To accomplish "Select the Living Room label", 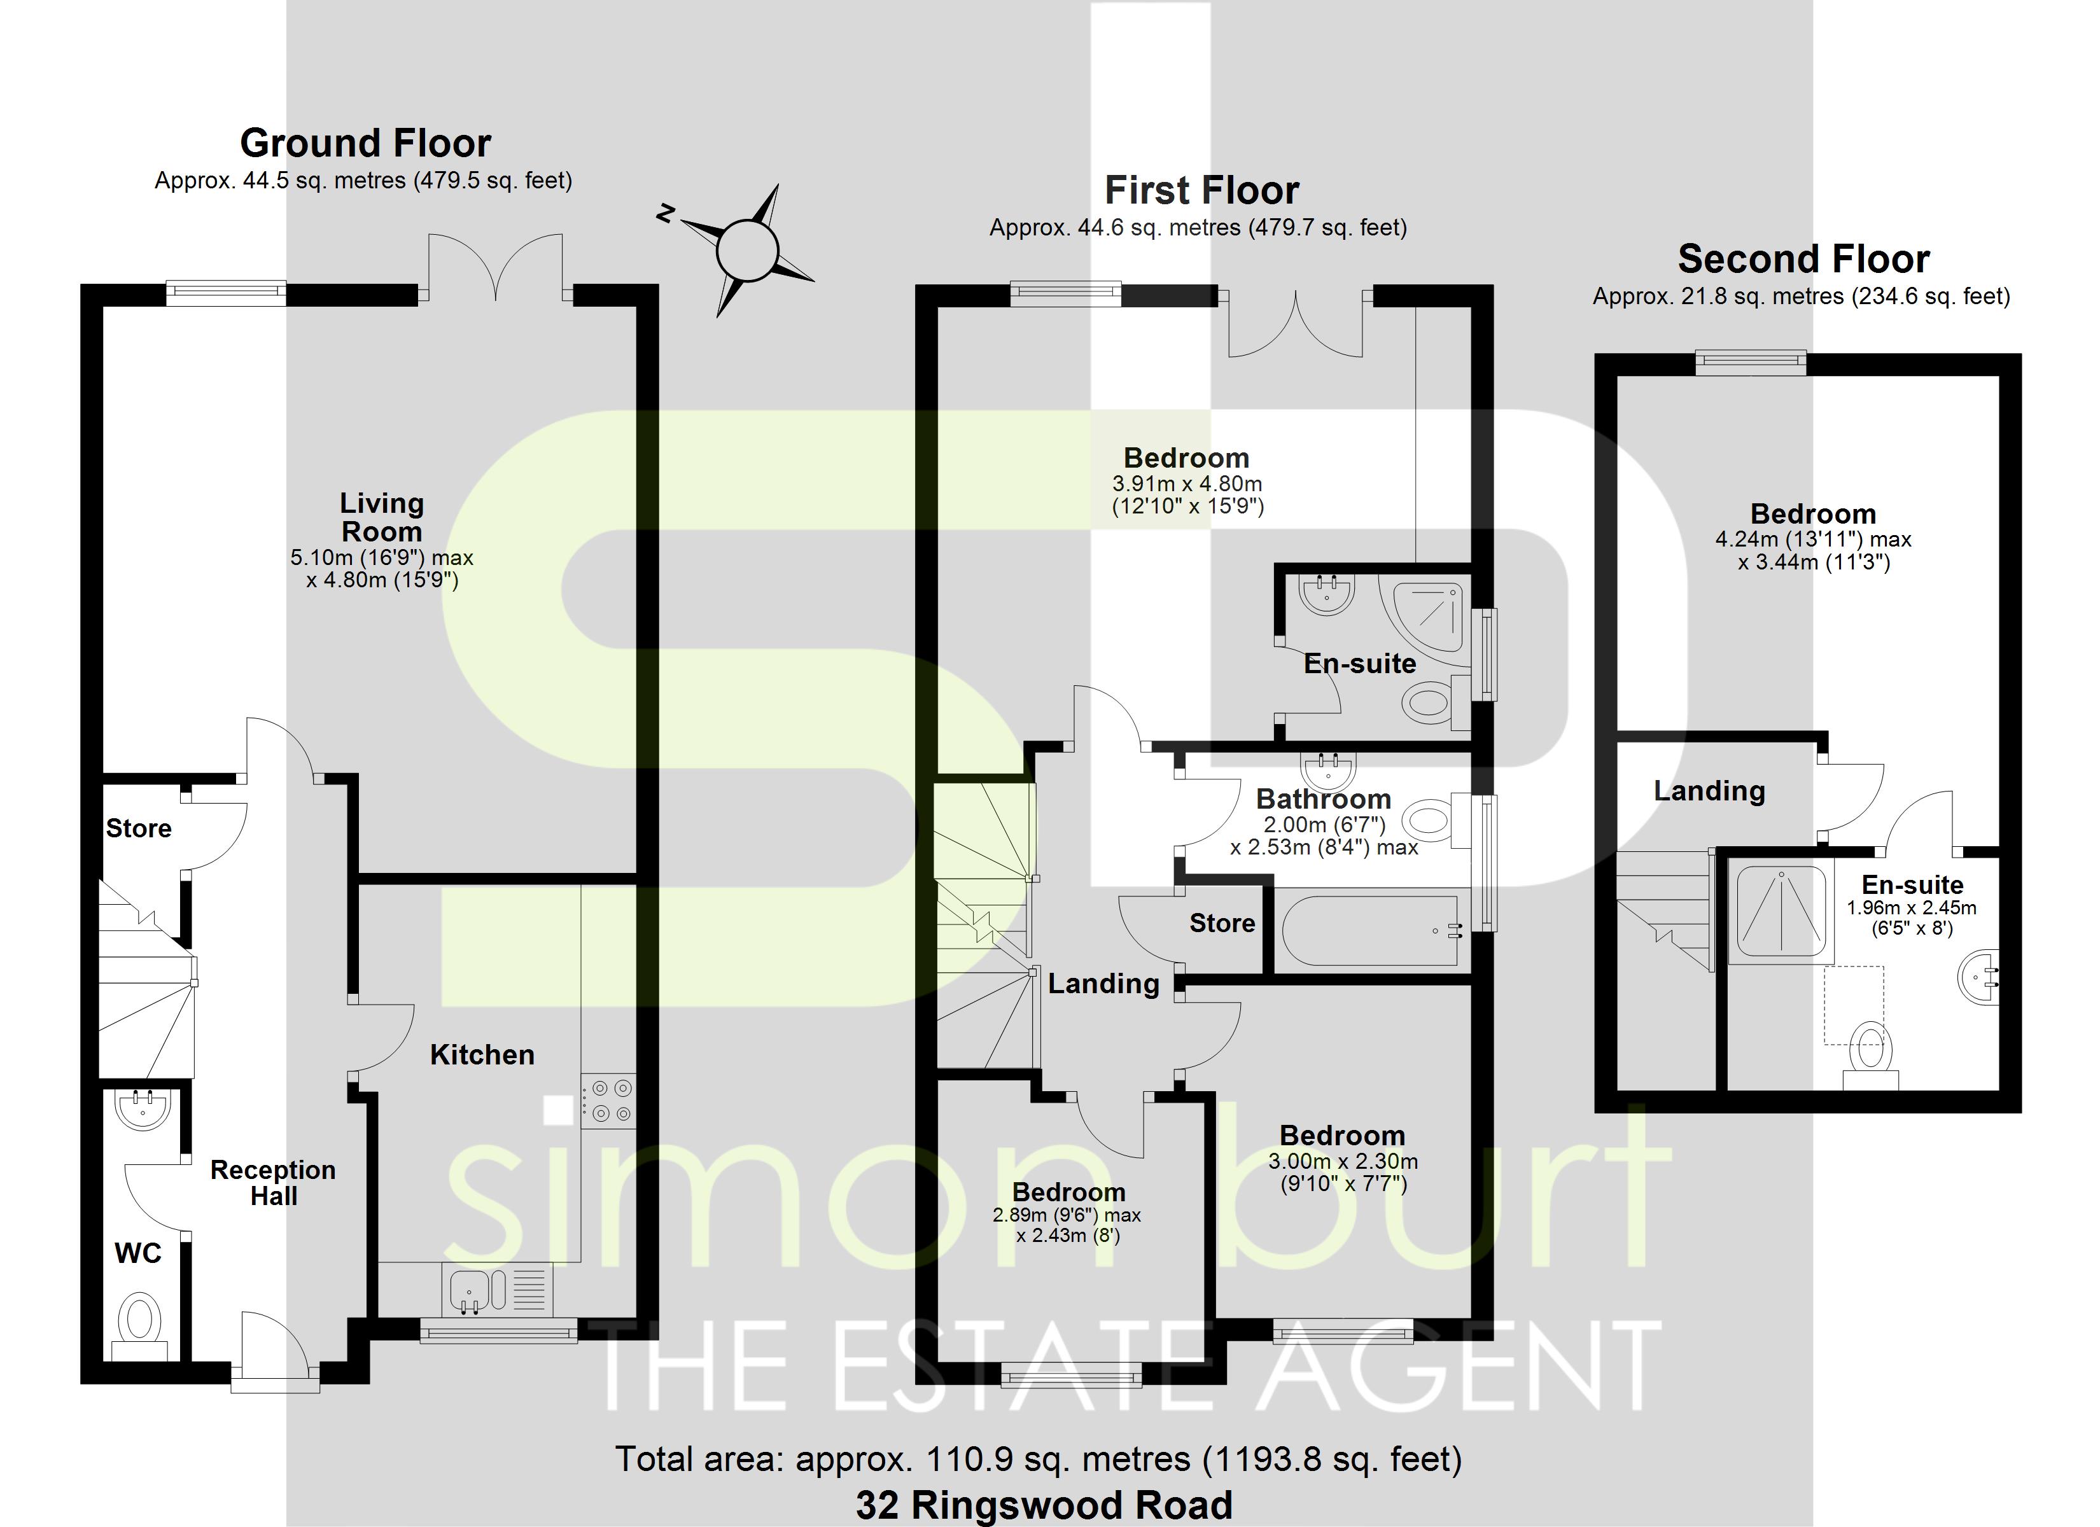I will pos(381,518).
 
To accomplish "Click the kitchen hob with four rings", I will pos(608,1100).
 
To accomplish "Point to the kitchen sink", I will pos(470,1290).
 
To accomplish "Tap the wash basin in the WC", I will pos(144,1110).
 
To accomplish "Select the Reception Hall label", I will pos(273,1183).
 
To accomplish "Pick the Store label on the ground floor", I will pos(139,828).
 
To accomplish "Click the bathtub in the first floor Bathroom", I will pos(1369,931).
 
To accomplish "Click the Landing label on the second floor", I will pos(1709,791).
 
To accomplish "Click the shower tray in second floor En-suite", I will pos(1780,910).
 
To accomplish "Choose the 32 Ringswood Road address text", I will pos(1044,1505).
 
